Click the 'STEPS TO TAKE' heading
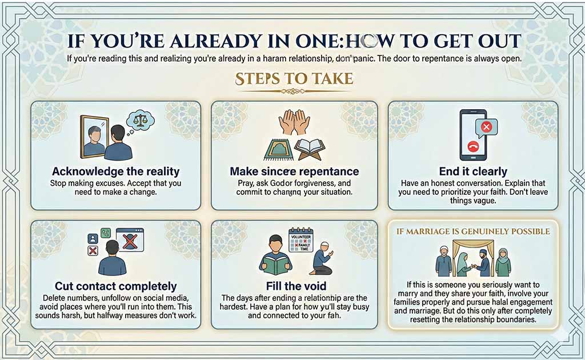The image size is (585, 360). pos(293,78)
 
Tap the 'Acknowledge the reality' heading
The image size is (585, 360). pos(115,171)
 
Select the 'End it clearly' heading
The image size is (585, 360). pos(472,171)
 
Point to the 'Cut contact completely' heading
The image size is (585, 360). pos(115,286)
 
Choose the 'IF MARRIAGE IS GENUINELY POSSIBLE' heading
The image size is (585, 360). pos(472,231)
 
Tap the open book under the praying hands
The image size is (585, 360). pos(309,148)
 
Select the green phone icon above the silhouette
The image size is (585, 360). pos(106,233)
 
